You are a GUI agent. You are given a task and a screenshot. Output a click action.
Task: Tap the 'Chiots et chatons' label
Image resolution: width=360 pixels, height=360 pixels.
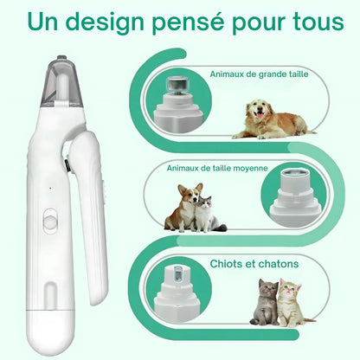click(x=255, y=263)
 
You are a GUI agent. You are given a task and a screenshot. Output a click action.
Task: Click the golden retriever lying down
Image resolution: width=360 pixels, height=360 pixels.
click(x=269, y=120)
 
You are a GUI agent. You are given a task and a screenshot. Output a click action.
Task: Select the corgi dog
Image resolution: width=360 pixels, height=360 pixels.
click(x=184, y=210)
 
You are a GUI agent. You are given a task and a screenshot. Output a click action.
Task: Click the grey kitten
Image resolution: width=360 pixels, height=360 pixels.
click(x=263, y=304)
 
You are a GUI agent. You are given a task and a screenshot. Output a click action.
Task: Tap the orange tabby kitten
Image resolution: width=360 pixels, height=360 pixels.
click(x=291, y=304)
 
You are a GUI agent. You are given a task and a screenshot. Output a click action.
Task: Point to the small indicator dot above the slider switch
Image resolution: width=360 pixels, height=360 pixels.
click(x=50, y=188)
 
